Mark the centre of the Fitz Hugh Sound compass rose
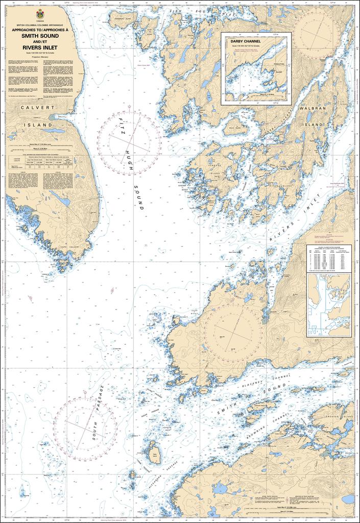point(129,139)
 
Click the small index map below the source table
point(329,305)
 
